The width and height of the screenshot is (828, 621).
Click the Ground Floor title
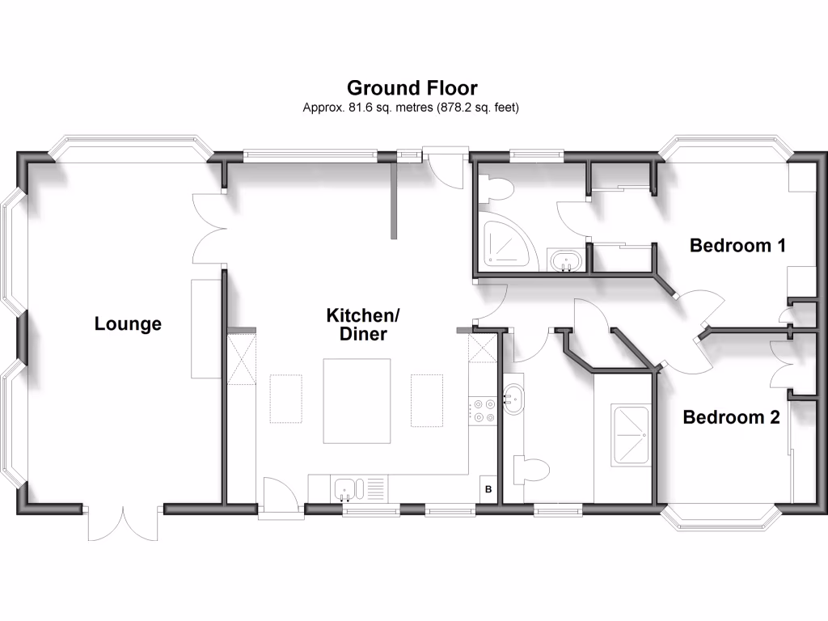pyautogui.click(x=412, y=87)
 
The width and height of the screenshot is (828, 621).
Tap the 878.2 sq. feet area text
pyautogui.click(x=478, y=107)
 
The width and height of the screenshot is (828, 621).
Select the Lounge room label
pyautogui.click(x=128, y=324)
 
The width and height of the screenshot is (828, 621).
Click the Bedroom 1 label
pyautogui.click(x=737, y=245)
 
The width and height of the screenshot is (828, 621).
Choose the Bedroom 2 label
pyautogui.click(x=731, y=417)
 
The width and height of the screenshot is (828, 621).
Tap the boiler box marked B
pyautogui.click(x=488, y=489)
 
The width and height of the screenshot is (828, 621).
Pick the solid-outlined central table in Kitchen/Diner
pyautogui.click(x=357, y=401)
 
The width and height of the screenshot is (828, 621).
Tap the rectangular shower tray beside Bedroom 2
pyautogui.click(x=631, y=435)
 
